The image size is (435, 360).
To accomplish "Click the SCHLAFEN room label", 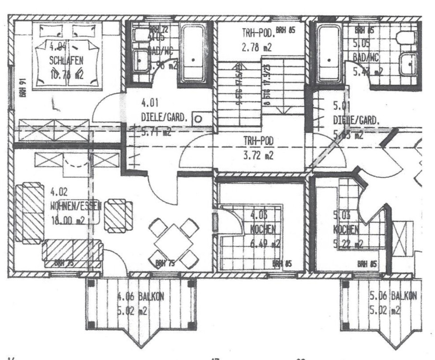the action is [67, 61].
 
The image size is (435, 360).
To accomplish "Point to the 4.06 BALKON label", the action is [141, 297].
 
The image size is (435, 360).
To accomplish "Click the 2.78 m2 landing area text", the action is [258, 47].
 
